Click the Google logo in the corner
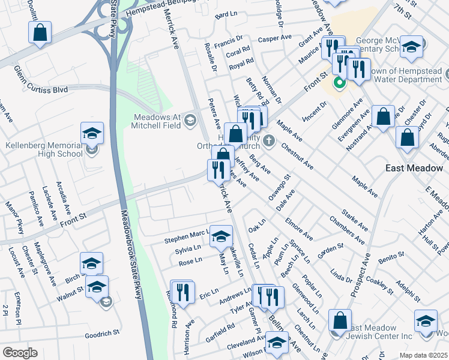(20, 352)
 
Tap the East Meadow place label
(414, 169)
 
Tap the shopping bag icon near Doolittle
(40, 34)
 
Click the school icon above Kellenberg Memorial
(92, 133)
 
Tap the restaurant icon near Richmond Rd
(182, 292)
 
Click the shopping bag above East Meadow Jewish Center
(340, 321)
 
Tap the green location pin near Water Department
(339, 83)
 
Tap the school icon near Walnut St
(97, 286)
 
